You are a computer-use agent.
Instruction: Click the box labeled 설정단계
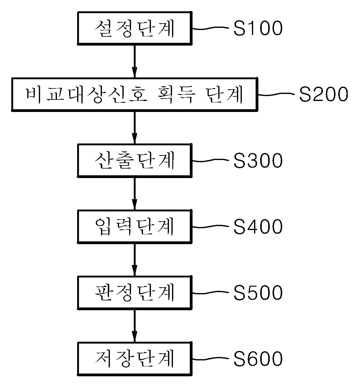135,28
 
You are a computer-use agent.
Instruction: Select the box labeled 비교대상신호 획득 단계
134,95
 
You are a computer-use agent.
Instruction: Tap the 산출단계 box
135,161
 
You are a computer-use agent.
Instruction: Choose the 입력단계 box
135,227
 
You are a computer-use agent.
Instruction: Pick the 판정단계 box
135,293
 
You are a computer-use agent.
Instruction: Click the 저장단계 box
135,359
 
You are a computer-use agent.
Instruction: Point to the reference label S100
258,28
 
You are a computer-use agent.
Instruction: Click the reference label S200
323,94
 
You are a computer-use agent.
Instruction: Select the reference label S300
258,161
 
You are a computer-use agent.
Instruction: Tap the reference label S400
258,227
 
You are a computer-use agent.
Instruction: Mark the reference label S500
258,293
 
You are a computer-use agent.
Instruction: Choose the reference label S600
258,359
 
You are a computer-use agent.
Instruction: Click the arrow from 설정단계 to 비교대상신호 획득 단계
134,61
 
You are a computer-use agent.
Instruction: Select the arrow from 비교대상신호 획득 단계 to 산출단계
134,127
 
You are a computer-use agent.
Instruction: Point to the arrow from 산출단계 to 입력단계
134,193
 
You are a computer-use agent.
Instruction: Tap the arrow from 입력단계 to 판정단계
134,259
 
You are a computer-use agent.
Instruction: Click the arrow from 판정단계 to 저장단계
134,326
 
